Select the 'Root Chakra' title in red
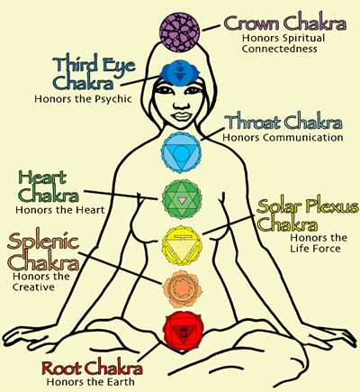pos(86,366)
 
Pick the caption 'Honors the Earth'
pos(88,381)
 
